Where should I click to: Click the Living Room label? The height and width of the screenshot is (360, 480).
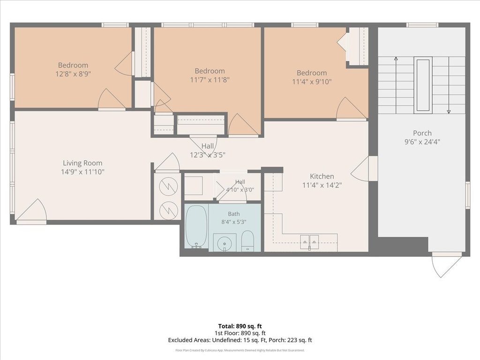82,163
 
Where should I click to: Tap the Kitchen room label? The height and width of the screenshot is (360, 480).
322,176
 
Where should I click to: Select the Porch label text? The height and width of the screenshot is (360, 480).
422,133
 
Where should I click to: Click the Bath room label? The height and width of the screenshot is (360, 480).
233,214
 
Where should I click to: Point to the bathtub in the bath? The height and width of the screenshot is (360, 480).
196,226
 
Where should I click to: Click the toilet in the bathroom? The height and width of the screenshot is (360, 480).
247,241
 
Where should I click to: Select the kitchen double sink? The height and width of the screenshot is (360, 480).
309,242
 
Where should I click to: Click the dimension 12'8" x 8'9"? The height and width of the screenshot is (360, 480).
73,74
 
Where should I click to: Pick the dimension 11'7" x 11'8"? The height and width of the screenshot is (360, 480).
210,80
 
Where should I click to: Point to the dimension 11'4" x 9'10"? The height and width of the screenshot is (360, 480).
312,82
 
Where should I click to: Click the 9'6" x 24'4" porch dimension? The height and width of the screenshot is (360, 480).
422,142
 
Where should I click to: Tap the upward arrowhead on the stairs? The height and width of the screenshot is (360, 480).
396,59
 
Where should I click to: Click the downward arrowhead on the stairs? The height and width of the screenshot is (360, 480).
449,112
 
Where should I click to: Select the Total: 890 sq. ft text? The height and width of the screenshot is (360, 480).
240,326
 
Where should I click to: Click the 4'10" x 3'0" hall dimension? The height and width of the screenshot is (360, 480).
240,190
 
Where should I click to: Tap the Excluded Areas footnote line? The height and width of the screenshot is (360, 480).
240,340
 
